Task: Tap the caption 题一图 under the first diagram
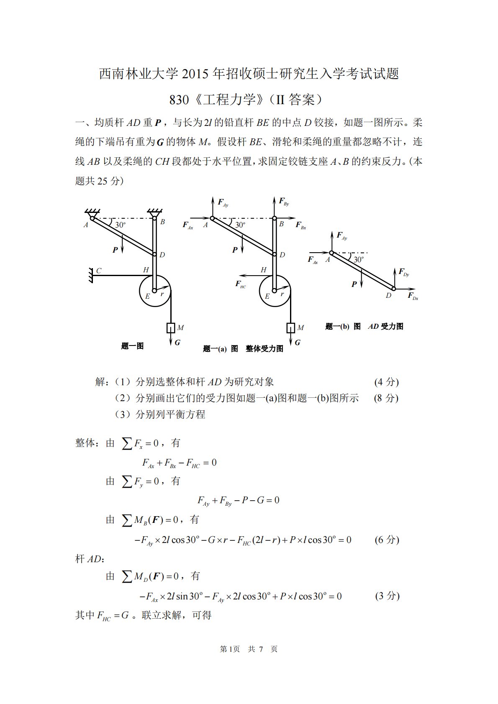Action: (x=132, y=346)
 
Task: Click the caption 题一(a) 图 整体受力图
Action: (x=243, y=349)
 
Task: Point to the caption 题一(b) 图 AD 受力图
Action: (x=364, y=327)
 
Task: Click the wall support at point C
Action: (x=90, y=276)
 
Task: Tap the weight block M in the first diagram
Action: (x=171, y=328)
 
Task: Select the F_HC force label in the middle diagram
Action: (x=241, y=284)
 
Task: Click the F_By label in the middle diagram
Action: (x=284, y=202)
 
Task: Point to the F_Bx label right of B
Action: (x=301, y=225)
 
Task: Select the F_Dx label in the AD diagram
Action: (x=413, y=296)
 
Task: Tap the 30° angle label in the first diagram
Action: (x=120, y=225)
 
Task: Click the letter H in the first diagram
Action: (x=146, y=270)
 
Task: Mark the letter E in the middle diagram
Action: (x=267, y=297)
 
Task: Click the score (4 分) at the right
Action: (x=386, y=382)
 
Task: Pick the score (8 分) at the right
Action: (x=386, y=398)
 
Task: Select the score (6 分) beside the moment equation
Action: (x=387, y=540)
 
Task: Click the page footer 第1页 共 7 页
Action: (x=249, y=649)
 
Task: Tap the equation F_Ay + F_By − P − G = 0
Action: (x=238, y=500)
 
